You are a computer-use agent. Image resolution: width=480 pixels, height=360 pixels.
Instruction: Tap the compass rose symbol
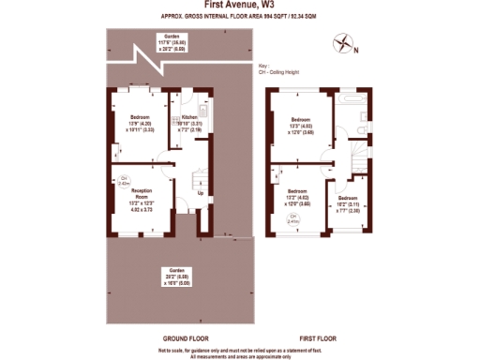click(345, 41)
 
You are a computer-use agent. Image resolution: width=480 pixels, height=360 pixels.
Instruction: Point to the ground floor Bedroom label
click(139, 122)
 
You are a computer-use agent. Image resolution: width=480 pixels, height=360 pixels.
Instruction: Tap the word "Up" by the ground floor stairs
click(199, 194)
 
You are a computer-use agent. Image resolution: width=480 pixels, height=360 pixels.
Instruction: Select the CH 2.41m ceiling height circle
click(293, 217)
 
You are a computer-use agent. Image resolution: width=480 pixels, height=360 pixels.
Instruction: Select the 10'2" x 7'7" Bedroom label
click(348, 204)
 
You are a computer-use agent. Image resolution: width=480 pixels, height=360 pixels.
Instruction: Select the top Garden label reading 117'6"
click(172, 41)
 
